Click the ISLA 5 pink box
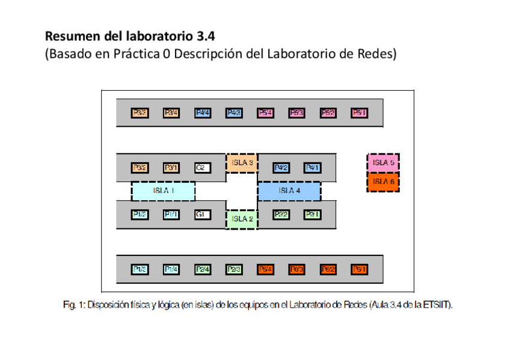point(383,162)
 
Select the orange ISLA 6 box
point(383,182)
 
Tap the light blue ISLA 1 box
point(163,191)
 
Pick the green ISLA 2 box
point(242,219)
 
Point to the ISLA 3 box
point(242,162)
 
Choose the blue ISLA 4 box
point(289,191)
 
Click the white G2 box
point(202,168)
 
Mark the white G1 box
point(202,215)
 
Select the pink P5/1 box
point(359,112)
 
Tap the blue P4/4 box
point(202,112)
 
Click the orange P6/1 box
point(359,269)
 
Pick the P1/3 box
point(140,269)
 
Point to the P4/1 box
point(312,168)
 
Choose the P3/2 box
point(140,168)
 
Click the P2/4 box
point(202,269)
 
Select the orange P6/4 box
point(265,269)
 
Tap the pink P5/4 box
point(265,112)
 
